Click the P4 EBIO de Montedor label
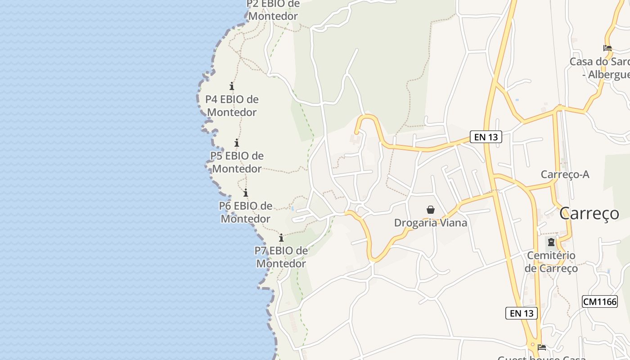[232, 106]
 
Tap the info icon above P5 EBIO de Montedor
[237, 143]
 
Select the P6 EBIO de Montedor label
[245, 212]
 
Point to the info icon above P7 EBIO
[281, 238]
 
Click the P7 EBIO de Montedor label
[281, 257]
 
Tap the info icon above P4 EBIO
[232, 86]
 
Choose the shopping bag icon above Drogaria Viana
[431, 209]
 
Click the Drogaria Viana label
[431, 223]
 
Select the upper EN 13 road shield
[486, 137]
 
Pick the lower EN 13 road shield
[522, 313]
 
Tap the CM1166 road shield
[599, 301]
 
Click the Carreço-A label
[565, 175]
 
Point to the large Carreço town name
[589, 214]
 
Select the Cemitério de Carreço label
[551, 262]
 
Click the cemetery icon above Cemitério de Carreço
[551, 242]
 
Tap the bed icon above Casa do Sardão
[607, 48]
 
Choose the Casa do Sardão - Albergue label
[601, 68]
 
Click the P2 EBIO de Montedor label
[273, 10]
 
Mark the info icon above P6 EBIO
[246, 193]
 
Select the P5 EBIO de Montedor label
[237, 162]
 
